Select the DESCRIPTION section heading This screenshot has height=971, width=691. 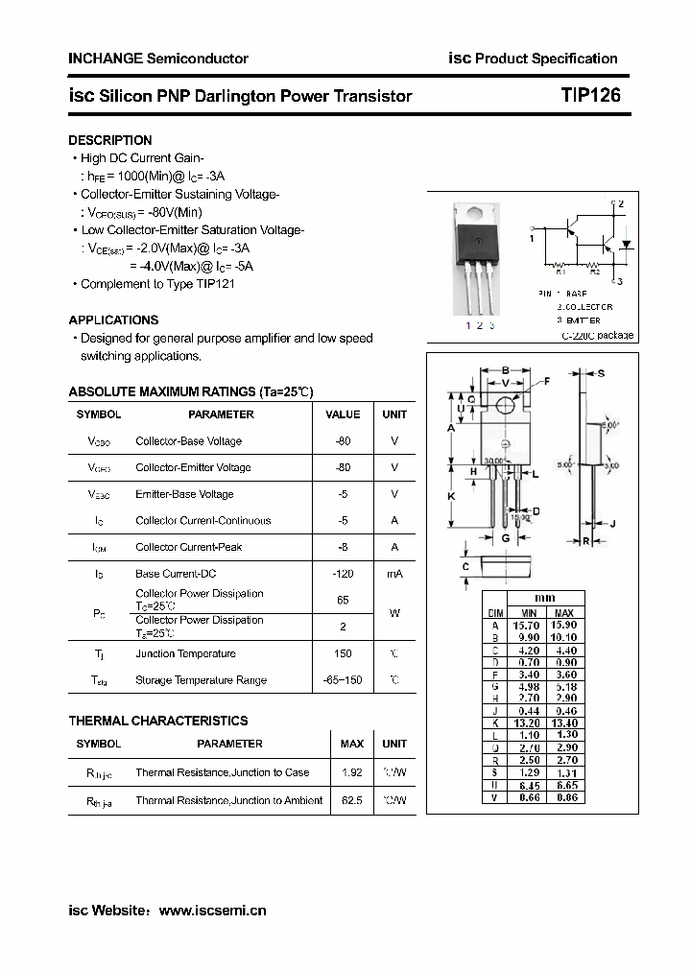110,140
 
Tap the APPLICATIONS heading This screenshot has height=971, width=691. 113,320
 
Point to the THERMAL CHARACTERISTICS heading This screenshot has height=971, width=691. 158,721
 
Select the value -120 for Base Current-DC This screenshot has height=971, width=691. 343,574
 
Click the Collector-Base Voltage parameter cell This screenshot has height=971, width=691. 188,441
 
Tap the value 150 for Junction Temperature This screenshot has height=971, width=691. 343,653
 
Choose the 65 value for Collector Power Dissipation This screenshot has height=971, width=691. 343,599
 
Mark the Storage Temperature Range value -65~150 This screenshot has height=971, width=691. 343,680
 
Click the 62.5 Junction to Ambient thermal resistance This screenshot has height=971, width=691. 351,800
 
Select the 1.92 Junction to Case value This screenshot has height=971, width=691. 351,772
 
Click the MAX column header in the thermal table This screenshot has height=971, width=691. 351,744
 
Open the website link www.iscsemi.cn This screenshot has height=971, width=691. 212,911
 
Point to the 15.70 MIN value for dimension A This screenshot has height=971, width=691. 528,625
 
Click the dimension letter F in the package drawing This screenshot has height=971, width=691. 547,381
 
